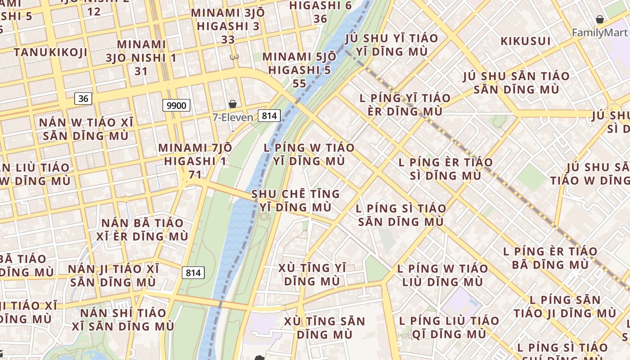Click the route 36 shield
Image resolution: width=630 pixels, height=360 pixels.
83,98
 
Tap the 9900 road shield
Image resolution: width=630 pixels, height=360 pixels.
176,106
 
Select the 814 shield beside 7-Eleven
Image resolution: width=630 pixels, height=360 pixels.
269,116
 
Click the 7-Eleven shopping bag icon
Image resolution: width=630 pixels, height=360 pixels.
233,104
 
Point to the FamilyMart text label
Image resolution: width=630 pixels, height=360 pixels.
599,32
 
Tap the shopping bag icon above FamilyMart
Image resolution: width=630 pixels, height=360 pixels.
599,19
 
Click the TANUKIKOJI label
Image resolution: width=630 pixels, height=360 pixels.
50,52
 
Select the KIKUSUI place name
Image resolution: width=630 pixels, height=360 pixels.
526,41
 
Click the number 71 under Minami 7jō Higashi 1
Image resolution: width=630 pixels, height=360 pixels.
194,174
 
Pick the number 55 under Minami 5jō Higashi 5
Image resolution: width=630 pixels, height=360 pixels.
299,84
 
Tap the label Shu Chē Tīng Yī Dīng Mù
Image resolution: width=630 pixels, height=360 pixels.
296,201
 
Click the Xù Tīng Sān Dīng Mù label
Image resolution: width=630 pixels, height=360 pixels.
324,328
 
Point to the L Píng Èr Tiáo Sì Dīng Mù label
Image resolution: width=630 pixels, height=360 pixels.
445,169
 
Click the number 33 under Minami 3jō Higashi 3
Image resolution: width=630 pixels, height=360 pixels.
228,40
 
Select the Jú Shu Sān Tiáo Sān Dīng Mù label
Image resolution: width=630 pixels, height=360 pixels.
517,82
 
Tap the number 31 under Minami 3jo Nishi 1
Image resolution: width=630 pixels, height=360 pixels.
141,71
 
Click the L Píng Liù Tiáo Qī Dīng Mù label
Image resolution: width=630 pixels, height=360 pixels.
449,327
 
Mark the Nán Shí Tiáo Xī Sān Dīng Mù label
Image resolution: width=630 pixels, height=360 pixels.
127,319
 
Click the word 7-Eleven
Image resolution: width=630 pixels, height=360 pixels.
233,117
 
